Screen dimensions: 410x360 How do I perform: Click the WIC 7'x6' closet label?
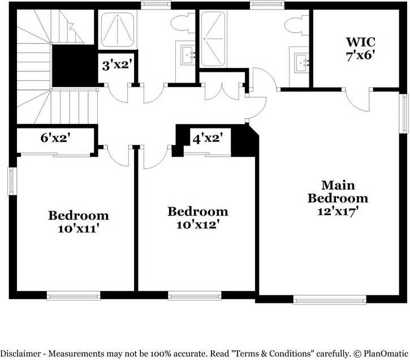point(361,49)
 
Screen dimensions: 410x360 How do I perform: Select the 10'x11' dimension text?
point(79,229)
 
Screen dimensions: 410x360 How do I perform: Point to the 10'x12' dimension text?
point(198,225)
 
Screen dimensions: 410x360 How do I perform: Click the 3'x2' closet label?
point(116,65)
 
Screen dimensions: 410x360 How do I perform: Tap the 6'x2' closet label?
point(55,138)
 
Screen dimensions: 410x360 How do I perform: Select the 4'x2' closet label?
point(208,139)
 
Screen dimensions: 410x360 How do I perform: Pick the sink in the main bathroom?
point(301,62)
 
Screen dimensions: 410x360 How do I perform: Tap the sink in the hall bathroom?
point(188,55)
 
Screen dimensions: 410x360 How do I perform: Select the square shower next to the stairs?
point(118,30)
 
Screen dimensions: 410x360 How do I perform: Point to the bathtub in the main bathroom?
point(213,38)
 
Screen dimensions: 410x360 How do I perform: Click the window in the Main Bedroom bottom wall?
point(330,299)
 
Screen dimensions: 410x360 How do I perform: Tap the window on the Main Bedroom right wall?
point(405,114)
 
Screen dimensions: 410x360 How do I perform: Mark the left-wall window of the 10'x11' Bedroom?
point(11,181)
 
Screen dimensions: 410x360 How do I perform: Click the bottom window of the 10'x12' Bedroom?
point(195,295)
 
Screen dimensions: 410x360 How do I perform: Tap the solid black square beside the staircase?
point(74,66)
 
